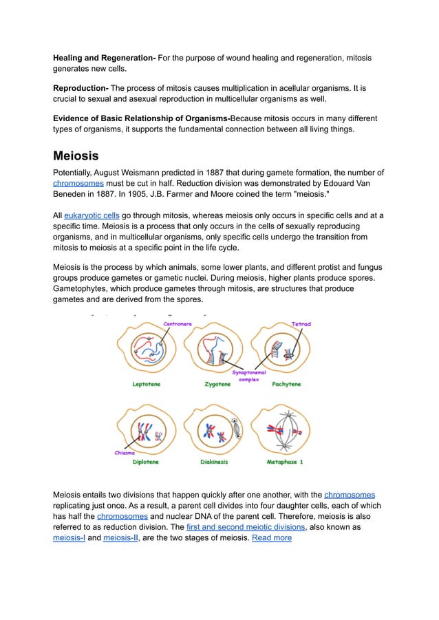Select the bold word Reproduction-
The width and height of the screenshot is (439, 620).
tap(81, 88)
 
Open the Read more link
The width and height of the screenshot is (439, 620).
tap(272, 537)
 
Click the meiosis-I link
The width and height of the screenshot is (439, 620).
tap(69, 537)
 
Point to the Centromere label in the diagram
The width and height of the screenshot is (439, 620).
tap(177, 324)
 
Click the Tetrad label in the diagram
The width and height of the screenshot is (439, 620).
tap(301, 324)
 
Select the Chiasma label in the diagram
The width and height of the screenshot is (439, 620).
tap(125, 452)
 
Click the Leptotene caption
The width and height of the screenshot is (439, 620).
tap(147, 385)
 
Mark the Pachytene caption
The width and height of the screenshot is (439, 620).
tap(286, 385)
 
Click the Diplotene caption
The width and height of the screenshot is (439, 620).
tap(147, 462)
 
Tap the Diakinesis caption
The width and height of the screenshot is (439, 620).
tap(215, 462)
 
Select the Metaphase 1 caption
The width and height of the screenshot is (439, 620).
tap(285, 462)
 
